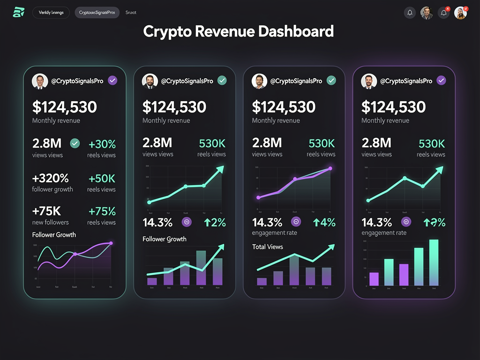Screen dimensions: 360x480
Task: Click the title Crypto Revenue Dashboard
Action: [x=239, y=31]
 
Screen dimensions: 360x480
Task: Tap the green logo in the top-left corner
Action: [x=19, y=13]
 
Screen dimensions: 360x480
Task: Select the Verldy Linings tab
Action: [x=51, y=13]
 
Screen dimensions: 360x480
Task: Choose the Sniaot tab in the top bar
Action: [x=131, y=13]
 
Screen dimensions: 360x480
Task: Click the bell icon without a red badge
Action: [x=410, y=13]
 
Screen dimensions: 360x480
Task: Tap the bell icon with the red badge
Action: [x=443, y=13]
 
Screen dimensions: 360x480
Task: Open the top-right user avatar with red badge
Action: [x=461, y=13]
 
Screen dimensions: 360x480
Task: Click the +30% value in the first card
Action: [x=102, y=144]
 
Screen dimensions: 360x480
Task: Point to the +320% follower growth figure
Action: [x=51, y=178]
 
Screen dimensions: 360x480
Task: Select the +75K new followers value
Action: [x=47, y=211]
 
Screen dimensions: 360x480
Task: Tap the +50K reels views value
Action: [x=102, y=178]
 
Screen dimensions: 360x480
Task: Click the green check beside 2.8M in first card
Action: [x=75, y=143]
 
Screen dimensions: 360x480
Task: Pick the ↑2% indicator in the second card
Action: [x=215, y=223]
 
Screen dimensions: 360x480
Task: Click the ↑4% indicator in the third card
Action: [x=324, y=223]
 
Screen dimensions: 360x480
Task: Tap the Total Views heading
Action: [x=268, y=247]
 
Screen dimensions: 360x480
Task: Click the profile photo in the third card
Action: [x=259, y=81]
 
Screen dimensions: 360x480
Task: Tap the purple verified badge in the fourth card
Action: [x=441, y=81]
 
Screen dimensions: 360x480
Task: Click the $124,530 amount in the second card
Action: [x=174, y=107]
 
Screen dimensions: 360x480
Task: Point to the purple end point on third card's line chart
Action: [x=330, y=169]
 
